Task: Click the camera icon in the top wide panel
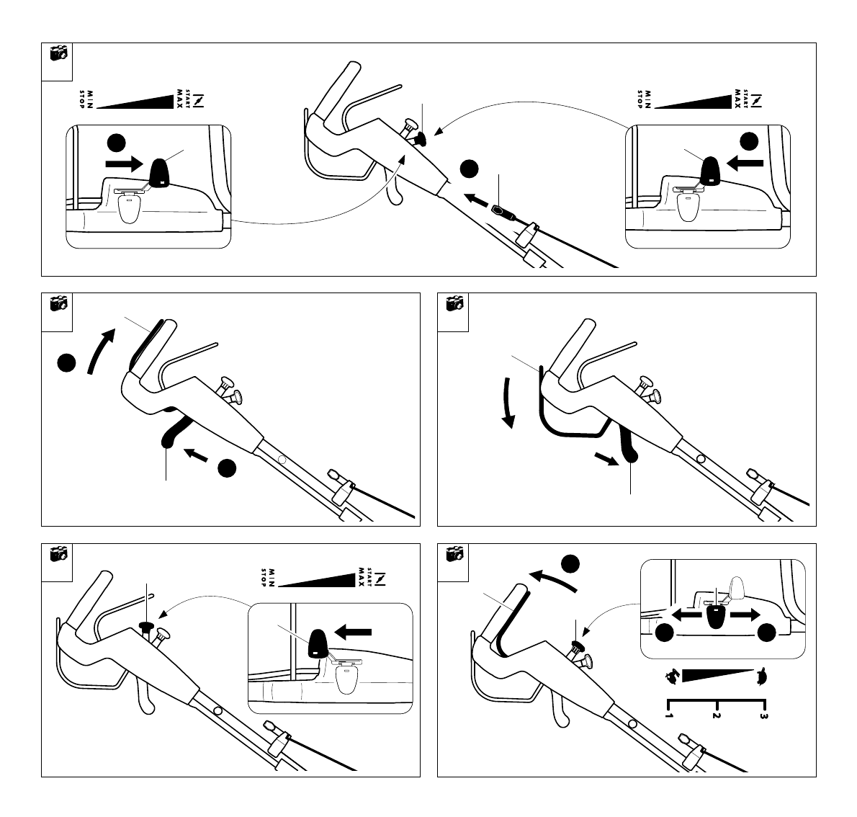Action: coord(58,53)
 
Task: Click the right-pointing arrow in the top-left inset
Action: coord(124,164)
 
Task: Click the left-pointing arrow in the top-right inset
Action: coord(745,164)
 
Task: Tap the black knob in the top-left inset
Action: coord(160,171)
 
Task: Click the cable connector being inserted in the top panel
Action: coord(499,211)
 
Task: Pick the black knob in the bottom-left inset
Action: coord(318,643)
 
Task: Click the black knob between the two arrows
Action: coord(715,617)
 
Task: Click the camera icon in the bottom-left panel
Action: coord(58,553)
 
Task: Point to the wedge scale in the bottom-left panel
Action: coord(317,579)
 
